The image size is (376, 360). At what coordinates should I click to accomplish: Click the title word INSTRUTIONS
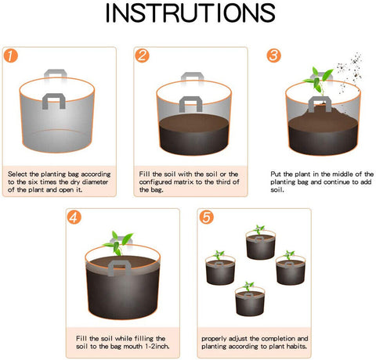point(187,16)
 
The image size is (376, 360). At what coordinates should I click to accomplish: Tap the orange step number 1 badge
point(11,56)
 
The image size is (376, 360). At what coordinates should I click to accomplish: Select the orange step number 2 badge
point(142,56)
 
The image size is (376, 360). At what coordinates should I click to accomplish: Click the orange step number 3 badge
point(273,56)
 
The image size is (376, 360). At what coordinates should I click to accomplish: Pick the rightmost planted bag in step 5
point(289,270)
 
